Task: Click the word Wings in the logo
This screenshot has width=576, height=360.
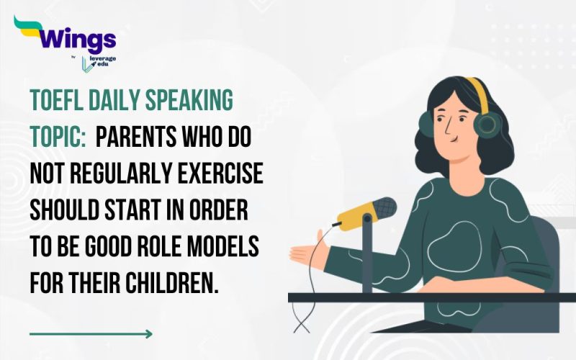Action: [x=73, y=38]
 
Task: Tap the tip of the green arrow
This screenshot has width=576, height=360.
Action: [x=150, y=333]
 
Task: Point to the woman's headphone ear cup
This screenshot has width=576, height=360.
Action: [x=488, y=123]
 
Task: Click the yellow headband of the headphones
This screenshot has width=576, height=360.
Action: [x=477, y=92]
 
